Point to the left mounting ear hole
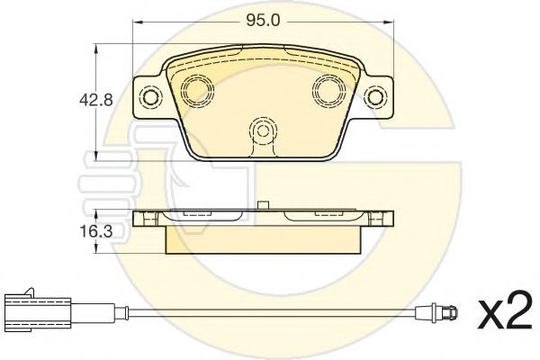[x=150, y=97]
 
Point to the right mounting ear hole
[x=374, y=97]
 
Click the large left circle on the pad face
[x=197, y=90]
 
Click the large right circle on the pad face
[x=328, y=90]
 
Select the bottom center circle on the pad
[x=263, y=130]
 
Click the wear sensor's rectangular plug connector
[x=38, y=312]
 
